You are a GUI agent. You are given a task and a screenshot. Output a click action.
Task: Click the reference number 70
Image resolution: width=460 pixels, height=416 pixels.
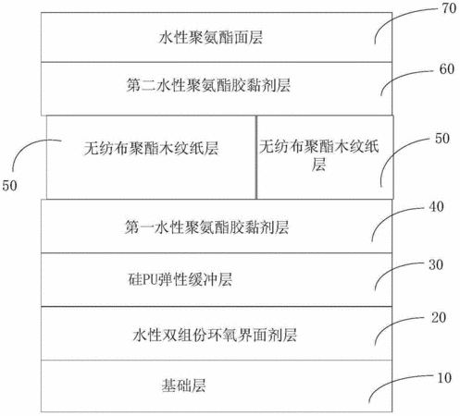coord(449,8)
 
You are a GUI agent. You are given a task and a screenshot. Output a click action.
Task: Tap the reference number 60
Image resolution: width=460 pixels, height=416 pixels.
coord(447,69)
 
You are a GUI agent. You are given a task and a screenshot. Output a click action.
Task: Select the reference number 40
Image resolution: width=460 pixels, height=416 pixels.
coord(437,206)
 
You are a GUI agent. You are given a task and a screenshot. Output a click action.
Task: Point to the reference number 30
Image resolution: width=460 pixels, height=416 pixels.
coord(436,264)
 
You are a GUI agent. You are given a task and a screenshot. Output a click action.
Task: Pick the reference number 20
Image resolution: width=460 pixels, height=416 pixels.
coord(439,317)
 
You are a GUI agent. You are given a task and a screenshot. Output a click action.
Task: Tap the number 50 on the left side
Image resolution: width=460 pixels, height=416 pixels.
coord(9,186)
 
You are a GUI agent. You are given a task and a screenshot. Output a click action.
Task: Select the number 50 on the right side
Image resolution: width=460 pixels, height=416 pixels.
coord(442,139)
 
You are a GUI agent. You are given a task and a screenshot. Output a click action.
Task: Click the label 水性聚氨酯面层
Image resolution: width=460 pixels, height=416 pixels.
coord(211,38)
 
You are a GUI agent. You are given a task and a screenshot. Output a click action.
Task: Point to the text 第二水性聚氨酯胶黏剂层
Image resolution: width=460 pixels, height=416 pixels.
coord(208,85)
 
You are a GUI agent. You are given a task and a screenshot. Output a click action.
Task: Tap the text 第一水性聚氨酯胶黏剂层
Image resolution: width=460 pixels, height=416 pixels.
coord(206,227)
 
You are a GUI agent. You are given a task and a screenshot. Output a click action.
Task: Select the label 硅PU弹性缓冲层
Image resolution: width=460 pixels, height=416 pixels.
coord(180,280)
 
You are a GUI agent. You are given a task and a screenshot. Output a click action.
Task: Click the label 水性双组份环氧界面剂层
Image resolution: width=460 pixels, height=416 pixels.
coord(215,335)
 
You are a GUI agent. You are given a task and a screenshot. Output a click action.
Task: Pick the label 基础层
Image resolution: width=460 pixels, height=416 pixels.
coord(183,385)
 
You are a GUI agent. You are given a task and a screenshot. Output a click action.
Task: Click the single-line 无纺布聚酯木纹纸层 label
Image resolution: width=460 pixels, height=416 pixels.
coord(151,148)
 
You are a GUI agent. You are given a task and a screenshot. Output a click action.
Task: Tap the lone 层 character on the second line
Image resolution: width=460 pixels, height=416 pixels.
coord(318,164)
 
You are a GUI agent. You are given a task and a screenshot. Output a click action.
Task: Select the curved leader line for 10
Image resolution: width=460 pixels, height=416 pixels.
coord(392,381)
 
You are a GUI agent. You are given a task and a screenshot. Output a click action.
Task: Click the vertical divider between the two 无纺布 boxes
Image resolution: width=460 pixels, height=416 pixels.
coord(256,157)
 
